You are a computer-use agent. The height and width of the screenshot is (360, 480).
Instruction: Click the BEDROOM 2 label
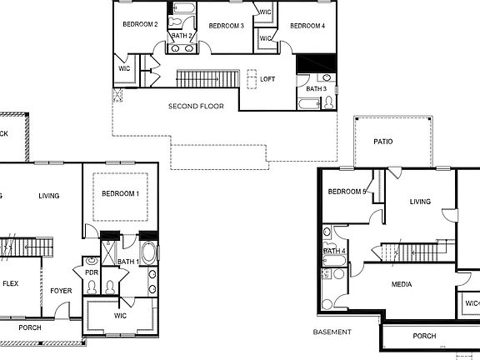tap(140, 25)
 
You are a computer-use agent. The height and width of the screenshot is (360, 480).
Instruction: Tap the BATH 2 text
tap(182, 37)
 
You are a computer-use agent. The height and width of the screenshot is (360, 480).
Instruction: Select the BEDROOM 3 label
tap(226, 26)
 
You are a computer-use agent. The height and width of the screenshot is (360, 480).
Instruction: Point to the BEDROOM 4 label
tap(307, 26)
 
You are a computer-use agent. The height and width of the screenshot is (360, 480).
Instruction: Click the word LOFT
tap(267, 79)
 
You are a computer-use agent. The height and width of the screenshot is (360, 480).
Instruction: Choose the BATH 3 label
tap(316, 88)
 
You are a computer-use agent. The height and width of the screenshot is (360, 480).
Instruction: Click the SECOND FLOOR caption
tap(196, 107)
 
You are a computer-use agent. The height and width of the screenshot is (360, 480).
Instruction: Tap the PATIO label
tap(382, 142)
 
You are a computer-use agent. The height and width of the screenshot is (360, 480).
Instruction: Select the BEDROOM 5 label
tap(347, 192)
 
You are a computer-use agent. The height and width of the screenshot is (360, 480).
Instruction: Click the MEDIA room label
tap(402, 285)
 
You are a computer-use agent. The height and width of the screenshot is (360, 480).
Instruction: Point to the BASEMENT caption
tap(332, 332)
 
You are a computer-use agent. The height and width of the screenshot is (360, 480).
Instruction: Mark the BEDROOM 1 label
tap(121, 193)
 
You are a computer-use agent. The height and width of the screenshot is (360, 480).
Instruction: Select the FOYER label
tap(61, 291)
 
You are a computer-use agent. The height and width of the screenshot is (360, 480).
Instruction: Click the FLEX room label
tap(10, 283)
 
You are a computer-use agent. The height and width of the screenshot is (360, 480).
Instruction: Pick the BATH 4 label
tap(334, 251)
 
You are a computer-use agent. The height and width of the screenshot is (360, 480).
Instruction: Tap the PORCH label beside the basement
tap(424, 337)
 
